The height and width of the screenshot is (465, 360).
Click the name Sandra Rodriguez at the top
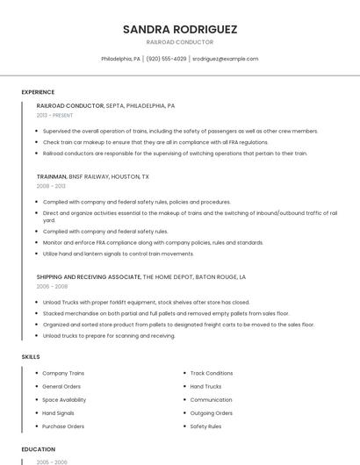[x=180, y=29]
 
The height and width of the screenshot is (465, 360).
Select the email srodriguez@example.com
[x=225, y=59]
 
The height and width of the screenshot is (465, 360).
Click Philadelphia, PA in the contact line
[x=121, y=59]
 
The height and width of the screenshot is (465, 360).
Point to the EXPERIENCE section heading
[x=38, y=92]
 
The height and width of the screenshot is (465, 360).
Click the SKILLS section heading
[x=31, y=356]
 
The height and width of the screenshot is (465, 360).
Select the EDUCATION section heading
[x=38, y=449]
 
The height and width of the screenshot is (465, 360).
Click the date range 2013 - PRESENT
[x=55, y=115]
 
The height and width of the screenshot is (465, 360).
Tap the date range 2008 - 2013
[x=51, y=186]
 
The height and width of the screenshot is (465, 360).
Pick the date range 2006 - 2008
[x=51, y=286]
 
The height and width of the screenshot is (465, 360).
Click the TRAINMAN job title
[x=52, y=176]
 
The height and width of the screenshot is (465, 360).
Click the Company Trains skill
[x=63, y=373]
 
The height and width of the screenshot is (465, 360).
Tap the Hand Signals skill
[x=58, y=412]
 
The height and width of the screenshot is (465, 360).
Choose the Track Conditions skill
[x=212, y=373]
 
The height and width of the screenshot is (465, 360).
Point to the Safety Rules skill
[x=205, y=426]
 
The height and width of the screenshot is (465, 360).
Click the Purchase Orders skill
[x=63, y=426]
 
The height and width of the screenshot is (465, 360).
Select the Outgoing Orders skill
[x=212, y=412]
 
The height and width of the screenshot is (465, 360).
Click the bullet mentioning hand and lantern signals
[x=119, y=254]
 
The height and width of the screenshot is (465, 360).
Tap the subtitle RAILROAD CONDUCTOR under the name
[x=180, y=42]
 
